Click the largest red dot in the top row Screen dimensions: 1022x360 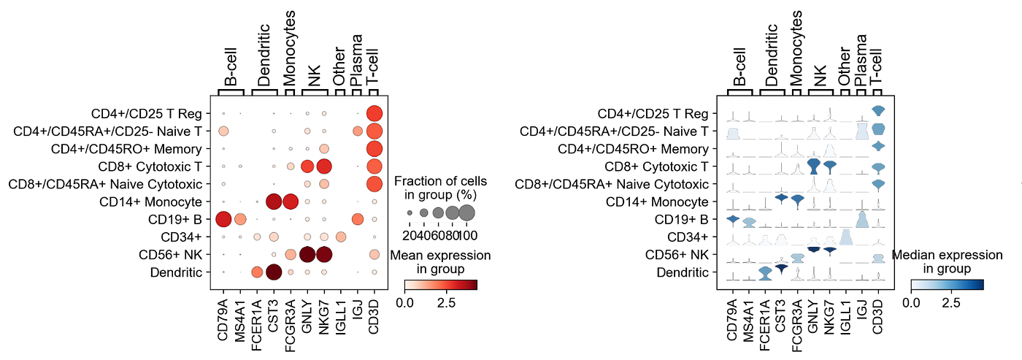374,113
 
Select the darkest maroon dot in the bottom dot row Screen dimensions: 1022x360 274,272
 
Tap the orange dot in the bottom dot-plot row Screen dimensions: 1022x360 257,272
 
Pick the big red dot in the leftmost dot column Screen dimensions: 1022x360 223,219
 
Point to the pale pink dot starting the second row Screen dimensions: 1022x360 223,131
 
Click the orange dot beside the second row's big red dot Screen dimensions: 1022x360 358,131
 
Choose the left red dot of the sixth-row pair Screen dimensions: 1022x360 274,202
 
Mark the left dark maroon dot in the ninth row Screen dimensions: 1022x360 307,254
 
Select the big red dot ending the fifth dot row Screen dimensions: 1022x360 374,183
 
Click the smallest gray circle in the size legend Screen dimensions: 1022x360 410,212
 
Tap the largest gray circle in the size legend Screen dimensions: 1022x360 467,212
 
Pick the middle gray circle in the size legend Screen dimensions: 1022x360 438,212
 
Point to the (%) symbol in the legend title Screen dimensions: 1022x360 465,195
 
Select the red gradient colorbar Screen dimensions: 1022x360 441,285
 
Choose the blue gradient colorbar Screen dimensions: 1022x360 948,285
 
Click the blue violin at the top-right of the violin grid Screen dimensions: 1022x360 878,110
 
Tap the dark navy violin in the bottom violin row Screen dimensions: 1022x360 781,269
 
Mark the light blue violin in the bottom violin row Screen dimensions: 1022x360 765,272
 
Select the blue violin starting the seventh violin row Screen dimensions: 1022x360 732,217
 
